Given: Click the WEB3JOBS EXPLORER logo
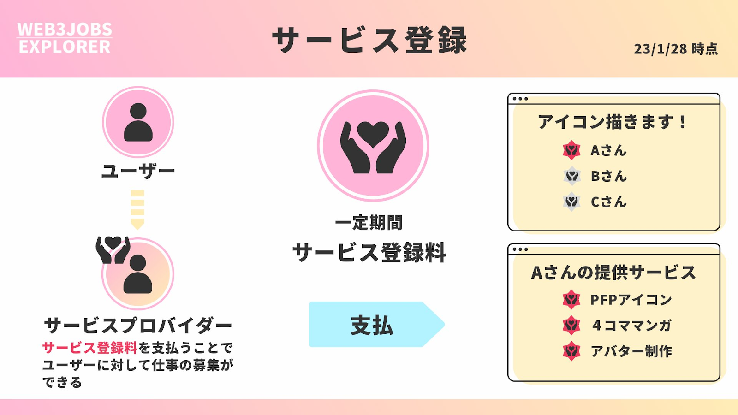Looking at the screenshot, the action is point(65,38).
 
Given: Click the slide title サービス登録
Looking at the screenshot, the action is point(369,40).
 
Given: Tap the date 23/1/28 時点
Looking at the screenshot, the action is point(676,49).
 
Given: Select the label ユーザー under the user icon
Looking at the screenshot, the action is point(138,171).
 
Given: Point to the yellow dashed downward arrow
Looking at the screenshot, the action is point(137,210).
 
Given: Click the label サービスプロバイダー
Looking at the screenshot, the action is point(138,326).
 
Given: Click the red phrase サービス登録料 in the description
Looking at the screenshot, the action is point(90,348).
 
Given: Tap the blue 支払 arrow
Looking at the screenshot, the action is point(376,325).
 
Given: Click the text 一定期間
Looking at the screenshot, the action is point(369,223).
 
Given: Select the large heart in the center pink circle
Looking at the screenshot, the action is point(373,134).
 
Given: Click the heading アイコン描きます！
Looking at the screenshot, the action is point(613,122).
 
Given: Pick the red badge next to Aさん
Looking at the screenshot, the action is point(571,150).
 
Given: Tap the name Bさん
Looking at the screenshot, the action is point(609,176).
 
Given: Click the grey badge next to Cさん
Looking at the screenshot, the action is point(571,202).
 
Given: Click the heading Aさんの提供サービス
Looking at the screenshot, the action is point(613,273).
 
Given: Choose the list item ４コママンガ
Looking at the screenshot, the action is point(631,326).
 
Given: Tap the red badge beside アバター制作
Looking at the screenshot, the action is point(571,351).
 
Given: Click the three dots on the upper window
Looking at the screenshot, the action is point(520,99).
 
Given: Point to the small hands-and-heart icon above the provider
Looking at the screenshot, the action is point(113,249).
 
